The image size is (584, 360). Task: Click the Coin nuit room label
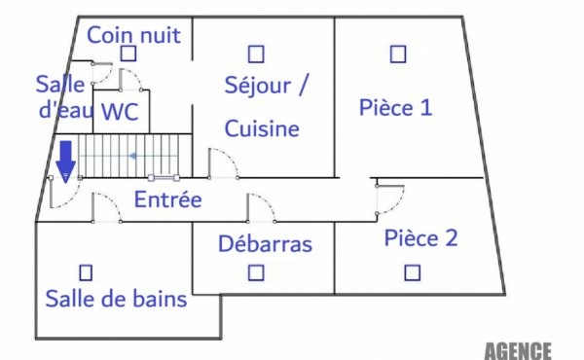click(134, 36)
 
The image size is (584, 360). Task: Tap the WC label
click(120, 112)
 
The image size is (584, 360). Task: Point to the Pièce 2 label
click(420, 237)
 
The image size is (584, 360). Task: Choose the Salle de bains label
click(116, 299)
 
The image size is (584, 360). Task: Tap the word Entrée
click(167, 200)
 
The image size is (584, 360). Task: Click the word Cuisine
click(262, 127)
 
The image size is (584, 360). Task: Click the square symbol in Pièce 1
click(397, 54)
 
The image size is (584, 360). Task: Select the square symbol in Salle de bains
click(86, 271)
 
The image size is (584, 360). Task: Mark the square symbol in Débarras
click(255, 273)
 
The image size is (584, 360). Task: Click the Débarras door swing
click(261, 209)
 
